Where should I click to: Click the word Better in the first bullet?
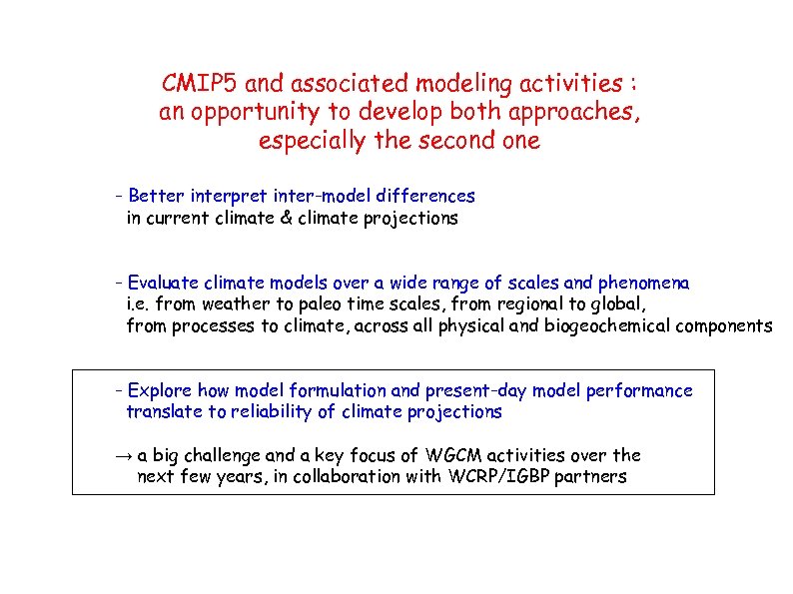[x=156, y=197]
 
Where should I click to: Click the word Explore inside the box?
[x=160, y=390]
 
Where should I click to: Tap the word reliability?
[x=270, y=412]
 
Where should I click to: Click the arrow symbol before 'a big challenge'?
[x=122, y=456]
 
